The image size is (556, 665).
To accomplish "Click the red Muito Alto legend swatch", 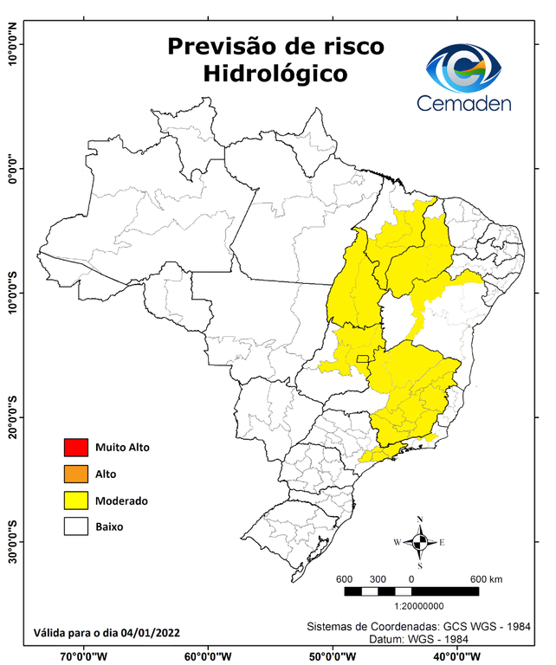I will [76, 448].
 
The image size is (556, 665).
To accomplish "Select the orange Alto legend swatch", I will [76, 474].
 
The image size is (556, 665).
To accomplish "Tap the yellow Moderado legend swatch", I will [76, 500].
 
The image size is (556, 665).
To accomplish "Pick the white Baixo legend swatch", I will [76, 526].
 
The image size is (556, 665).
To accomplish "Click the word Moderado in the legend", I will [122, 500].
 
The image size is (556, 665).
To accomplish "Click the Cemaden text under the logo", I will [464, 104].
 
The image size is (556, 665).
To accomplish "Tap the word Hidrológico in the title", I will [275, 74].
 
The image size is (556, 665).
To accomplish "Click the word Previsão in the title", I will [216, 44].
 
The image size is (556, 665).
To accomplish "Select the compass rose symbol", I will [420, 543].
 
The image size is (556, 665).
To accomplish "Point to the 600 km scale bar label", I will [486, 579].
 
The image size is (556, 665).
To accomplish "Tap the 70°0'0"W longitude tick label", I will [84, 656].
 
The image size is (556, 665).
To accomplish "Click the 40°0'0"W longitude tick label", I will [452, 656].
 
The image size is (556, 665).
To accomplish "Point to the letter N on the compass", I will [420, 520].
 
